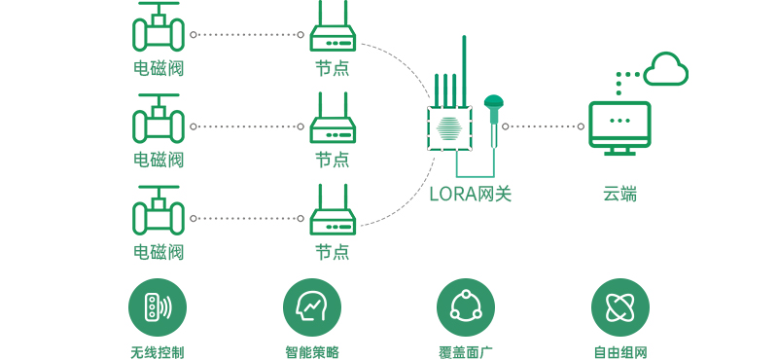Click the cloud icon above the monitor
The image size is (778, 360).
pos(666,69)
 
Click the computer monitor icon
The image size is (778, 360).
pos(619,128)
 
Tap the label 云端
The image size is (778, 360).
pos(619,194)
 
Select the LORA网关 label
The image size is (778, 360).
pos(470,194)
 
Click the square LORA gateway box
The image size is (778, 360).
pos(449,128)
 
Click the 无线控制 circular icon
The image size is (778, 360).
pos(158,307)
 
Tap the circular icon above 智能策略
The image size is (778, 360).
pos(312,307)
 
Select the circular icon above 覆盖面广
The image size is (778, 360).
pos(466,307)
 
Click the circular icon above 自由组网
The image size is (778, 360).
pos(620,307)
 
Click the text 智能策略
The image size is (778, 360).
pos(312,352)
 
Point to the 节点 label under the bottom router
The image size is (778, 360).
pos(333,251)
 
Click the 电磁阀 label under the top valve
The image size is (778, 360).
pos(159,68)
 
